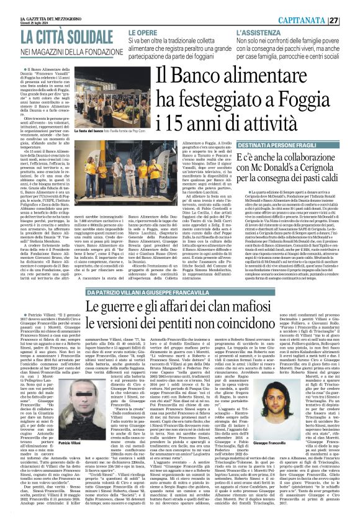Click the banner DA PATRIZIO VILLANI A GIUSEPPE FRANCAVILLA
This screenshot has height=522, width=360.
click(x=151, y=292)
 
